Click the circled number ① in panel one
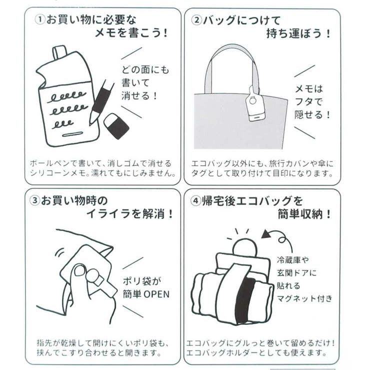[39, 20]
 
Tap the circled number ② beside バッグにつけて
[196, 20]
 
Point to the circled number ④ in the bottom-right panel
[196, 201]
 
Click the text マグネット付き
[304, 298]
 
